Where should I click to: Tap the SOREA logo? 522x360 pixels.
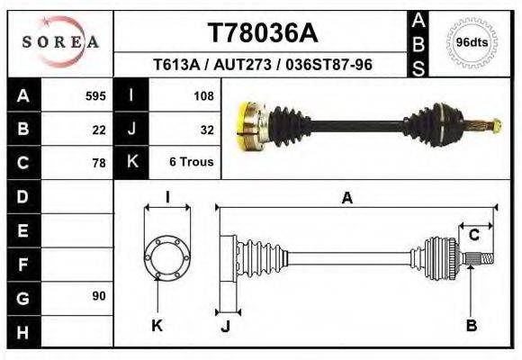60,42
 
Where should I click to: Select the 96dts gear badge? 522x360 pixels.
472,42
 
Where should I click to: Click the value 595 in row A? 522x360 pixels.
95,95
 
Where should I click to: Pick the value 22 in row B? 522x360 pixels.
99,129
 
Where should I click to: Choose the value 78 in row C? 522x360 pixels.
99,163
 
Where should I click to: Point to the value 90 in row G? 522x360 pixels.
99,296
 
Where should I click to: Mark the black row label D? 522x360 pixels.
22,196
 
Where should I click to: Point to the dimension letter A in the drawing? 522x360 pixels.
346,199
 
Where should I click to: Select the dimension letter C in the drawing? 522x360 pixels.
473,235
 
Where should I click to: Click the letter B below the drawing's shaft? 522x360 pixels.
471,326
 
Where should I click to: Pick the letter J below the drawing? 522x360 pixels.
225,327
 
